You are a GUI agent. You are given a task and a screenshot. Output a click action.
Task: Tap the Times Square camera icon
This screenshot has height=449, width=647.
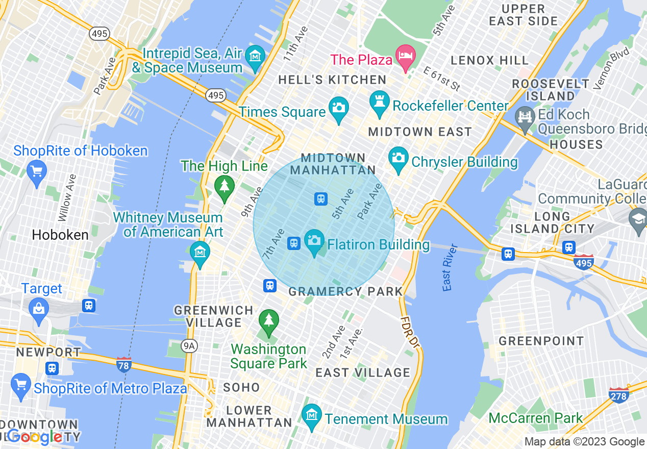point(338,108)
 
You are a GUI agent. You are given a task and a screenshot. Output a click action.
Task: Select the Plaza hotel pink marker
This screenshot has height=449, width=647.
point(407,54)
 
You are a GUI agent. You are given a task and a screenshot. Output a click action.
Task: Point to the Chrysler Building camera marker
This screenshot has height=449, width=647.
point(398,157)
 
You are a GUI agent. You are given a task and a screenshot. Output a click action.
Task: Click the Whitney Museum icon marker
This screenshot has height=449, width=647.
point(200,252)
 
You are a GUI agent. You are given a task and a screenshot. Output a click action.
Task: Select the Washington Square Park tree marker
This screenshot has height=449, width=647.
point(268,320)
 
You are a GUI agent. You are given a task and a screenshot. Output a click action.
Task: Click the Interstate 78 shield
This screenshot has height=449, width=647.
point(123,364)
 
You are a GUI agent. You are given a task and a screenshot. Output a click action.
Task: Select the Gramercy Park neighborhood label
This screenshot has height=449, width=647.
point(345,292)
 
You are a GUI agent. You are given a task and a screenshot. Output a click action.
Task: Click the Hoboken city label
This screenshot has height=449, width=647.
point(60,235)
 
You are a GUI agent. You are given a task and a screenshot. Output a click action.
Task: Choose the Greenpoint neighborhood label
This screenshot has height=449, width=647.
point(541,341)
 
